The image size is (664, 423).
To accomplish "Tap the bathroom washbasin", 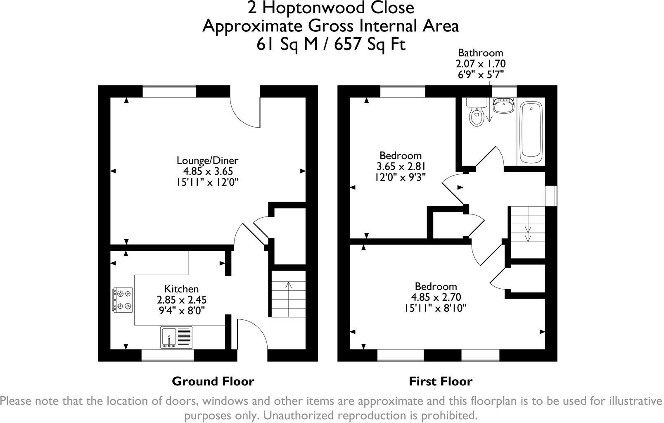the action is [503, 105].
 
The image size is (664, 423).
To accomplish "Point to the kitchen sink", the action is [176, 337].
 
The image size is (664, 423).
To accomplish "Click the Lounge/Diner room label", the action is [207, 160].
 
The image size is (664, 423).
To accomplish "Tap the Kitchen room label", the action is [181, 289].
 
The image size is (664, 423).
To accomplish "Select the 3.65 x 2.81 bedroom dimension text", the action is [401, 166].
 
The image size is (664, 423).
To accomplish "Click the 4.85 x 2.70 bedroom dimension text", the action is [436, 297].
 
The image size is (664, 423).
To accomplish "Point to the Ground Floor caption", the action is [213, 381].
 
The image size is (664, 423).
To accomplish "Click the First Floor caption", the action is [441, 381].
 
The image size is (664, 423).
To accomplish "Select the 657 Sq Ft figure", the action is [370, 45].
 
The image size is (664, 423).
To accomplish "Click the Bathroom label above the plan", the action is [481, 53].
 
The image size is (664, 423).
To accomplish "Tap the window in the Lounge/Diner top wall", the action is [169, 91].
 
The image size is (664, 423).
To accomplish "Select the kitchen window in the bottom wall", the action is [168, 355].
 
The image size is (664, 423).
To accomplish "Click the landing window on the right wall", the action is [551, 195].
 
